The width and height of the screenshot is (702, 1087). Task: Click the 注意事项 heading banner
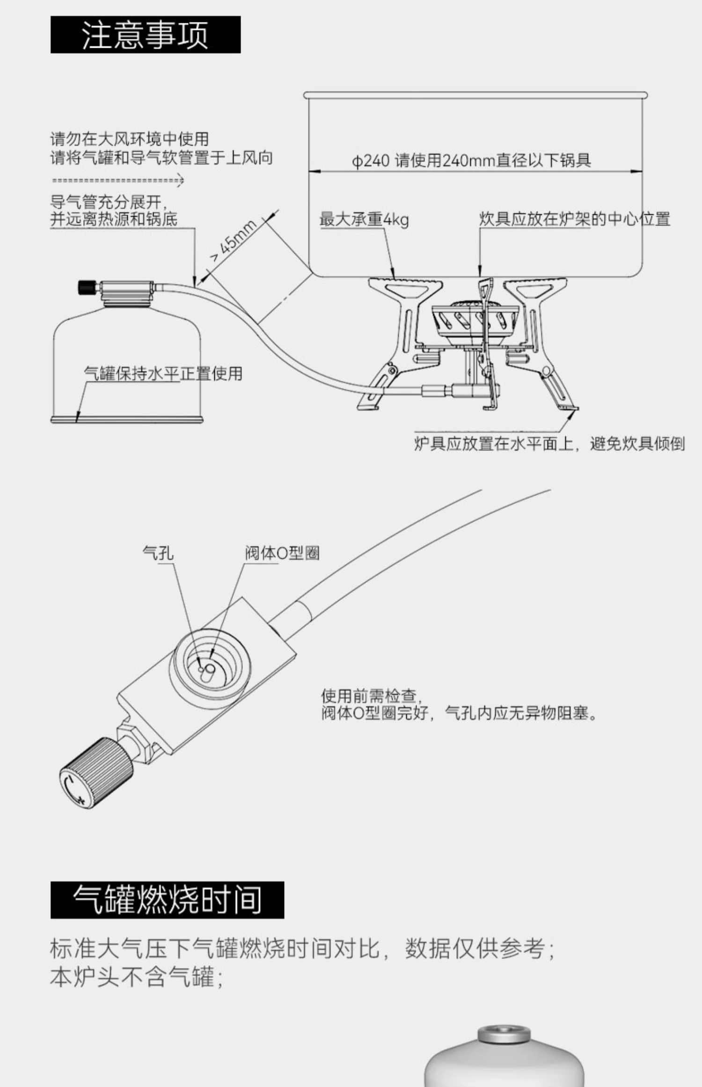(x=145, y=35)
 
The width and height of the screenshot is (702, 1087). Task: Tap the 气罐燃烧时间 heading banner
(x=167, y=899)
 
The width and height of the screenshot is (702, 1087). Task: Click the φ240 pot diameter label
(x=471, y=161)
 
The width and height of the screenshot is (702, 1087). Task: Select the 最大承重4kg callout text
(x=364, y=219)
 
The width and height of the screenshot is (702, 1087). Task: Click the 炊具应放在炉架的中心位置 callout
(x=574, y=219)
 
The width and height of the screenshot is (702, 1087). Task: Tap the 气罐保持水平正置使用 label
(x=163, y=374)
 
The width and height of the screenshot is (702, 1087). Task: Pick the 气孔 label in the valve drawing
(x=158, y=553)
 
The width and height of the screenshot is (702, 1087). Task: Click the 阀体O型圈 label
(x=282, y=553)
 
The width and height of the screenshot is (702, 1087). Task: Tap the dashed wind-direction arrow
(x=117, y=180)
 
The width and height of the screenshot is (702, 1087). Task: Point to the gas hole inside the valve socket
(x=201, y=669)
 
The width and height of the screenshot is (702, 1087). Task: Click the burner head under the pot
(x=473, y=318)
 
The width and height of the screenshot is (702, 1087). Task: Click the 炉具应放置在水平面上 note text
(x=549, y=443)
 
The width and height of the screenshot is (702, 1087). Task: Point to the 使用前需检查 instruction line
(x=368, y=696)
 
